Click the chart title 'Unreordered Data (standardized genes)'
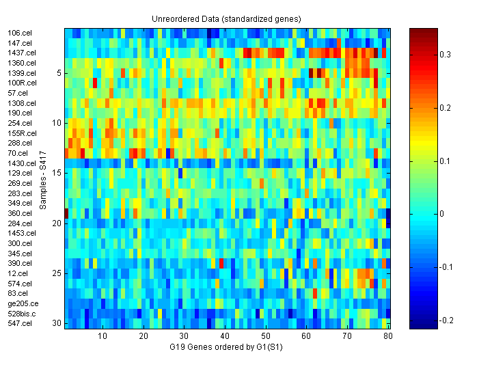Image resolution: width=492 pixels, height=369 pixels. pos(226,18)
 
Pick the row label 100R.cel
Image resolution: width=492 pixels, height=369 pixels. pos(23,83)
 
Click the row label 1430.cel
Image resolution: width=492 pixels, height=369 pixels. pos(22,163)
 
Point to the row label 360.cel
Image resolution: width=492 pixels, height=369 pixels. pos(20,213)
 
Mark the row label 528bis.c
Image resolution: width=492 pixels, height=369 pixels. pos(22,313)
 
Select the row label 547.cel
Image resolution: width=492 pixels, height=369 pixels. pos(20,323)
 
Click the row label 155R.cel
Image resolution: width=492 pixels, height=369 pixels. pos(23,133)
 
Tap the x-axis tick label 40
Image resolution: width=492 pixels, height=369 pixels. pos(225,337)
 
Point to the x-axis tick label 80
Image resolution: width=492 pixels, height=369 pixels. pos(388,337)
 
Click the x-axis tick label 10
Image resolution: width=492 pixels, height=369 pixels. pos(102,337)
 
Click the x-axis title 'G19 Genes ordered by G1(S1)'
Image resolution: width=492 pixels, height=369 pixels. pos(226,347)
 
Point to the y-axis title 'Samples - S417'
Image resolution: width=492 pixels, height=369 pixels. pos(42,179)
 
